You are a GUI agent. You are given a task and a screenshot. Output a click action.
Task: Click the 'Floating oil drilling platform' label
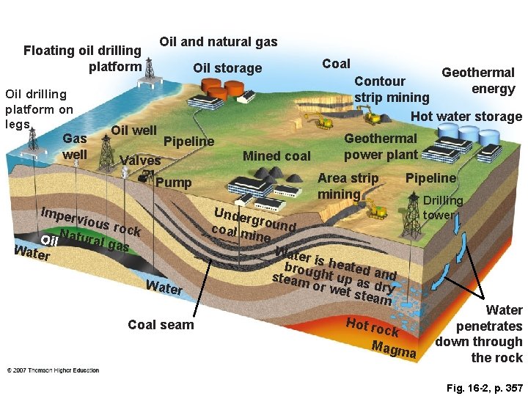[82, 59]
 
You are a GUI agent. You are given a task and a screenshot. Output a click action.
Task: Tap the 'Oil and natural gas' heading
[219, 42]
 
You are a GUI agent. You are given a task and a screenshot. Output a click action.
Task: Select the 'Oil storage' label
[227, 68]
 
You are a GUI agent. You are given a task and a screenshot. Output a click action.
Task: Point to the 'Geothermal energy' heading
[478, 81]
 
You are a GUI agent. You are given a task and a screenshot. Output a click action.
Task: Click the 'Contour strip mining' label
[391, 89]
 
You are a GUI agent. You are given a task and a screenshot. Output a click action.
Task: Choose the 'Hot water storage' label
[466, 116]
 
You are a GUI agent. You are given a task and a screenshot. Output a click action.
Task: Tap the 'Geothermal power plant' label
[381, 146]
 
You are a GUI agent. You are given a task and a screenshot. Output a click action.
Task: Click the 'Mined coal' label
[276, 155]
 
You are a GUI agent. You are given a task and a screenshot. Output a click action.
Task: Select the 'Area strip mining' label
[348, 186]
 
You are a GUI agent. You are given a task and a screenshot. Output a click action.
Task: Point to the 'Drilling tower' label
[443, 208]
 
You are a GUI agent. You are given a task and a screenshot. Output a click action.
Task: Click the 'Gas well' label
[75, 147]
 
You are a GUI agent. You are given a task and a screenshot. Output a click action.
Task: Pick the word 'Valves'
[139, 161]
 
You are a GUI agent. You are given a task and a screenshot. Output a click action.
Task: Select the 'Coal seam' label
[161, 324]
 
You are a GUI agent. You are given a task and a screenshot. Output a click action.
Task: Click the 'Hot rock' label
[372, 327]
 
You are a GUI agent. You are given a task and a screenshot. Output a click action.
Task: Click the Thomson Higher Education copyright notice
[54, 370]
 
